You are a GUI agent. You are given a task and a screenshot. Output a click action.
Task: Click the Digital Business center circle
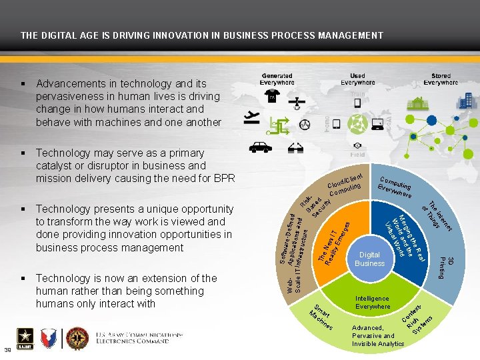[370, 259]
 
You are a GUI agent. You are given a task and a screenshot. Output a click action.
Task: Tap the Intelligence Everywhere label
[373, 303]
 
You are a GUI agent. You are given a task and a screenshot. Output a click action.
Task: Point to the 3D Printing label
[446, 267]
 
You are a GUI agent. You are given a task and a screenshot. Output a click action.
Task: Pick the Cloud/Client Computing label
[345, 185]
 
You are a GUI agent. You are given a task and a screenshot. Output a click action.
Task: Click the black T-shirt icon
[271, 98]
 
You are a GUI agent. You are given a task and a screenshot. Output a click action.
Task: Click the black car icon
[259, 147]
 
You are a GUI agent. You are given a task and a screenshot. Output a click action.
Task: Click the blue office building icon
[465, 101]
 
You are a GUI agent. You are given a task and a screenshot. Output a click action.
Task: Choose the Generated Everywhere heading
[277, 80]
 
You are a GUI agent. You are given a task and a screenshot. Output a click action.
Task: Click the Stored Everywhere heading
[441, 80]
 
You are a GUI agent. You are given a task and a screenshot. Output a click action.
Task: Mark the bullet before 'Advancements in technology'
[23, 84]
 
